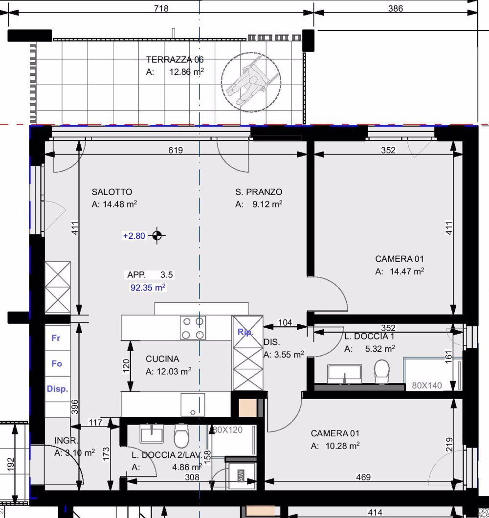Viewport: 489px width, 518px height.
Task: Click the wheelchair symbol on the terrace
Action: pos(251,82)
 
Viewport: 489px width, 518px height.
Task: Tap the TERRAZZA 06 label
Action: pos(175,60)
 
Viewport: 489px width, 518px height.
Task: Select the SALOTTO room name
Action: pos(112,192)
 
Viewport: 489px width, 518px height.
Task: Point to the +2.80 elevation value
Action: pos(134,236)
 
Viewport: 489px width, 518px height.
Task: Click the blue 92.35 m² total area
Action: pos(148,288)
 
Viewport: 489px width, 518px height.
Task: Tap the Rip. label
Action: pos(245,332)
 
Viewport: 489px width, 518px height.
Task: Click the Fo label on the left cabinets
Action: pos(57,363)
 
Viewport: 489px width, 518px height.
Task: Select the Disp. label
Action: pos(57,389)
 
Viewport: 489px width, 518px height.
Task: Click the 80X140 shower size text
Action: pos(427,385)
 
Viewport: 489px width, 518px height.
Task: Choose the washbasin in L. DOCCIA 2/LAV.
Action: pos(152,434)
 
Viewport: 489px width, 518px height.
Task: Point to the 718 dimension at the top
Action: pos(161,8)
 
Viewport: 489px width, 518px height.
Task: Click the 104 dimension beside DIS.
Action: pos(285,322)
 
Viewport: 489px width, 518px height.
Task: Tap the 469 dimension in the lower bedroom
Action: pos(363,477)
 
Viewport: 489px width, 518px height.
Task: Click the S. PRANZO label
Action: pos(258,192)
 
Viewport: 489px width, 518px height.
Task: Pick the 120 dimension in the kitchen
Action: pos(126,364)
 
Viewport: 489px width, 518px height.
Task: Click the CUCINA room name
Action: pos(162,359)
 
